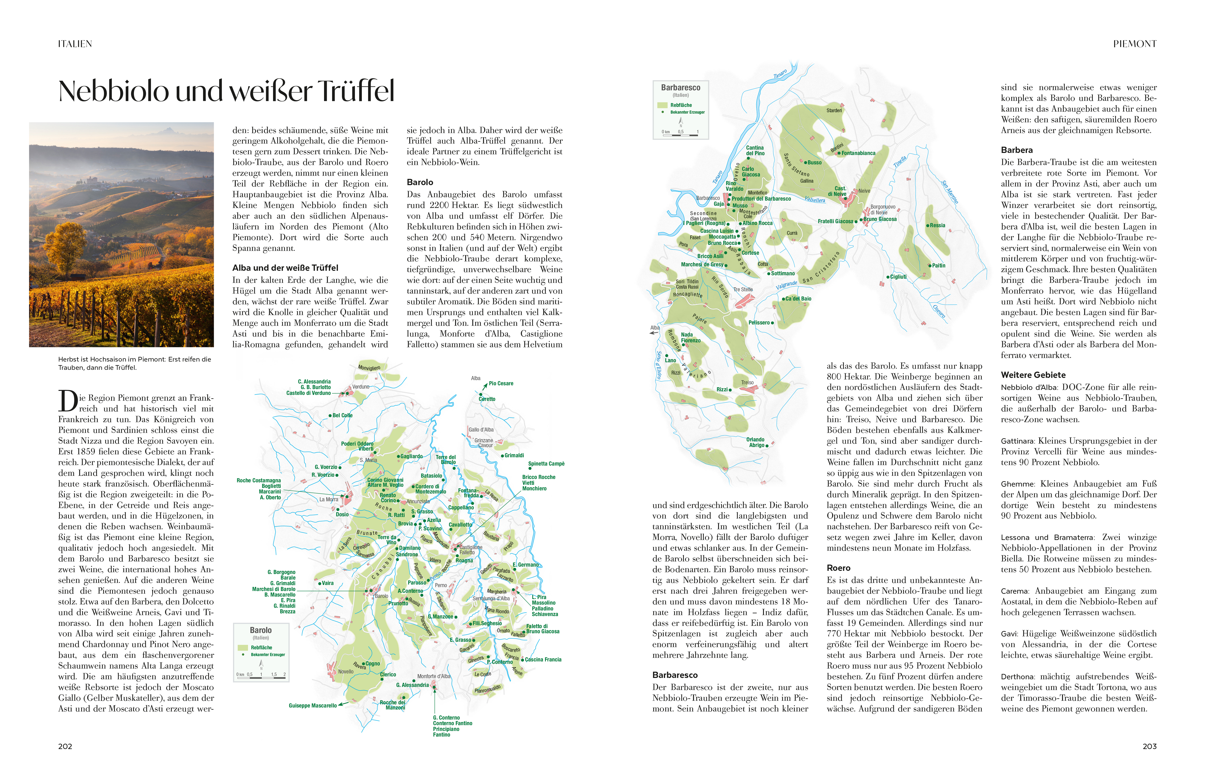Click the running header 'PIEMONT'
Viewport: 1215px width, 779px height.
1134,44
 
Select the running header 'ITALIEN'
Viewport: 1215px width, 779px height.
75,44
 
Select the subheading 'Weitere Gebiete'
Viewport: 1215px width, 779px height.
1033,375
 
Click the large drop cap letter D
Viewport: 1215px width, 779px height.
68,401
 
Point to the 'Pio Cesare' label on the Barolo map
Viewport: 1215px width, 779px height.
501,383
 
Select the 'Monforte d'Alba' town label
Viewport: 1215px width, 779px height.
433,676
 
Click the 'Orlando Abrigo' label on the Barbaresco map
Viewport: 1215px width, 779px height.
756,442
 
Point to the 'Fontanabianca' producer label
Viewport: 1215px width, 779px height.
858,153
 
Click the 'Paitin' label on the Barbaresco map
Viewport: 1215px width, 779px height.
938,266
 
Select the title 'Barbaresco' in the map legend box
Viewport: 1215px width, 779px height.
680,87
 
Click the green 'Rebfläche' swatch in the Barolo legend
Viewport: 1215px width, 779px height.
242,648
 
